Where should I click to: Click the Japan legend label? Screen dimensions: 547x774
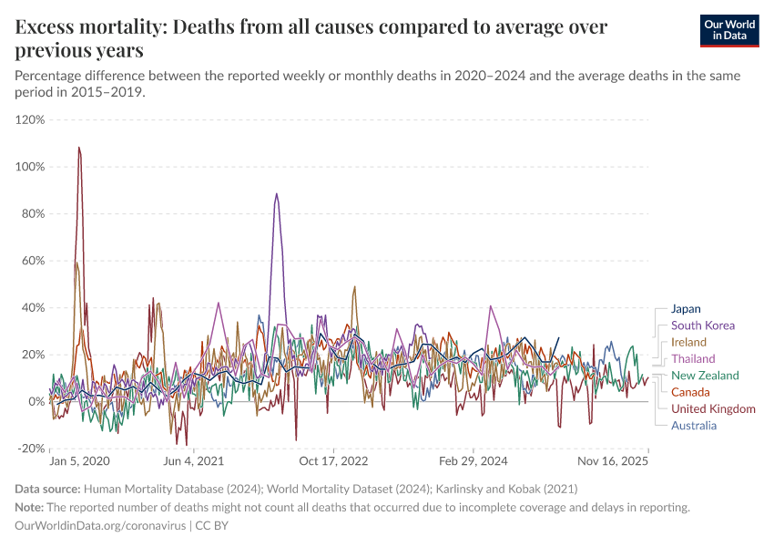click(x=686, y=309)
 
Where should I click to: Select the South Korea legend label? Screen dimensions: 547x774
click(x=702, y=325)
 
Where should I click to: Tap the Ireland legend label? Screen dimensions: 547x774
click(x=688, y=342)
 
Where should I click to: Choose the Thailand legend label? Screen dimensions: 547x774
click(x=693, y=358)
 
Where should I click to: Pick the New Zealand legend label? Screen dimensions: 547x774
click(x=705, y=376)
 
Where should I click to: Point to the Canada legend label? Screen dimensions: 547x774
click(x=690, y=392)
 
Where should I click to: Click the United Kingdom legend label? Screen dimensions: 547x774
click(x=713, y=408)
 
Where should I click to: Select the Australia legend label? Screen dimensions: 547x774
click(x=694, y=425)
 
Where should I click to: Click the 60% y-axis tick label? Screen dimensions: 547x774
click(x=33, y=261)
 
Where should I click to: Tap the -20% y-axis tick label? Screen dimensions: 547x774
click(x=31, y=449)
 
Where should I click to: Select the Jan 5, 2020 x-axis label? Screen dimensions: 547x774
click(x=79, y=462)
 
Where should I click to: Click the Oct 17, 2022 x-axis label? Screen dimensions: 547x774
click(x=335, y=462)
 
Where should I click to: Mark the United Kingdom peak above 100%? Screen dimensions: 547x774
click(x=79, y=148)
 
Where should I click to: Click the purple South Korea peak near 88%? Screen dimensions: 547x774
click(x=276, y=194)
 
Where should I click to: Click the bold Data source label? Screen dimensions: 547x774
click(x=47, y=490)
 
